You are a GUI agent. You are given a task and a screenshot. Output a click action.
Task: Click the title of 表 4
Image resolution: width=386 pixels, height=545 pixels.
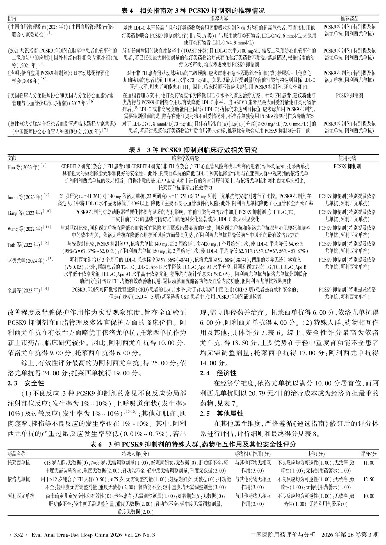193,11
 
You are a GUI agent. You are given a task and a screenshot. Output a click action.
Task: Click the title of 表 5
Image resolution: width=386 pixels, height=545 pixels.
193,150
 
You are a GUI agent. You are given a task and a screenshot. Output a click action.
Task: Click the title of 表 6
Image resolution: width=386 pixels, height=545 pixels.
193,444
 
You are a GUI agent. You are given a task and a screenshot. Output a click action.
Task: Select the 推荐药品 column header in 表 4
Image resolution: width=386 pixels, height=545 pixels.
349,19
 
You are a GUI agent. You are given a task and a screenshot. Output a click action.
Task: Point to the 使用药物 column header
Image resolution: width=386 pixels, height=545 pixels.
347,158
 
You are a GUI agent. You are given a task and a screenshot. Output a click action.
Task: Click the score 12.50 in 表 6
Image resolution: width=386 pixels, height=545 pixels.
369,479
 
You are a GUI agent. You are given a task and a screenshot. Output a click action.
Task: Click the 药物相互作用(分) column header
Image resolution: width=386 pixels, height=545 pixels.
253,454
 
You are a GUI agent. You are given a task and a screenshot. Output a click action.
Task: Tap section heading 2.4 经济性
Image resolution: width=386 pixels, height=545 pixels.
218,373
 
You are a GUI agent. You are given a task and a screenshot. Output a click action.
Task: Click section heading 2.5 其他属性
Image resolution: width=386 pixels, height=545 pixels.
221,413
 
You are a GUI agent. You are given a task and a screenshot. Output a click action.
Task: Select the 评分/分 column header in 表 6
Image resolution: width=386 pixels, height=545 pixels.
369,454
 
